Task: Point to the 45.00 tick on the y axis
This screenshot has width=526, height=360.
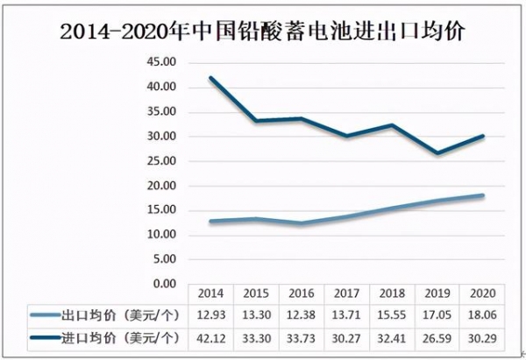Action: pos(163,62)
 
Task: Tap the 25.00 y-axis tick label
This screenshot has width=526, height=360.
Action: pos(163,161)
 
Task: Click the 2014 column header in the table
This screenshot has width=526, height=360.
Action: pos(210,294)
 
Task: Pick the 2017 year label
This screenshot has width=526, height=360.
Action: pos(346,294)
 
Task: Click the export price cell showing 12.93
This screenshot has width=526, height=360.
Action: pos(210,314)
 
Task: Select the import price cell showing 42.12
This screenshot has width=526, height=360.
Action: pos(210,336)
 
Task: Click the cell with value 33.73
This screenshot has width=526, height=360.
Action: pos(301,336)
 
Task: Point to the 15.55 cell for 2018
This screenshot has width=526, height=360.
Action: pos(392,314)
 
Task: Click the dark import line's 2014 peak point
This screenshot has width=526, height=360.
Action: pos(210,77)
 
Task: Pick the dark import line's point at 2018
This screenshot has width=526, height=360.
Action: pos(392,124)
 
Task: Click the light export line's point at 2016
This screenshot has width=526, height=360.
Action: pos(301,223)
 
